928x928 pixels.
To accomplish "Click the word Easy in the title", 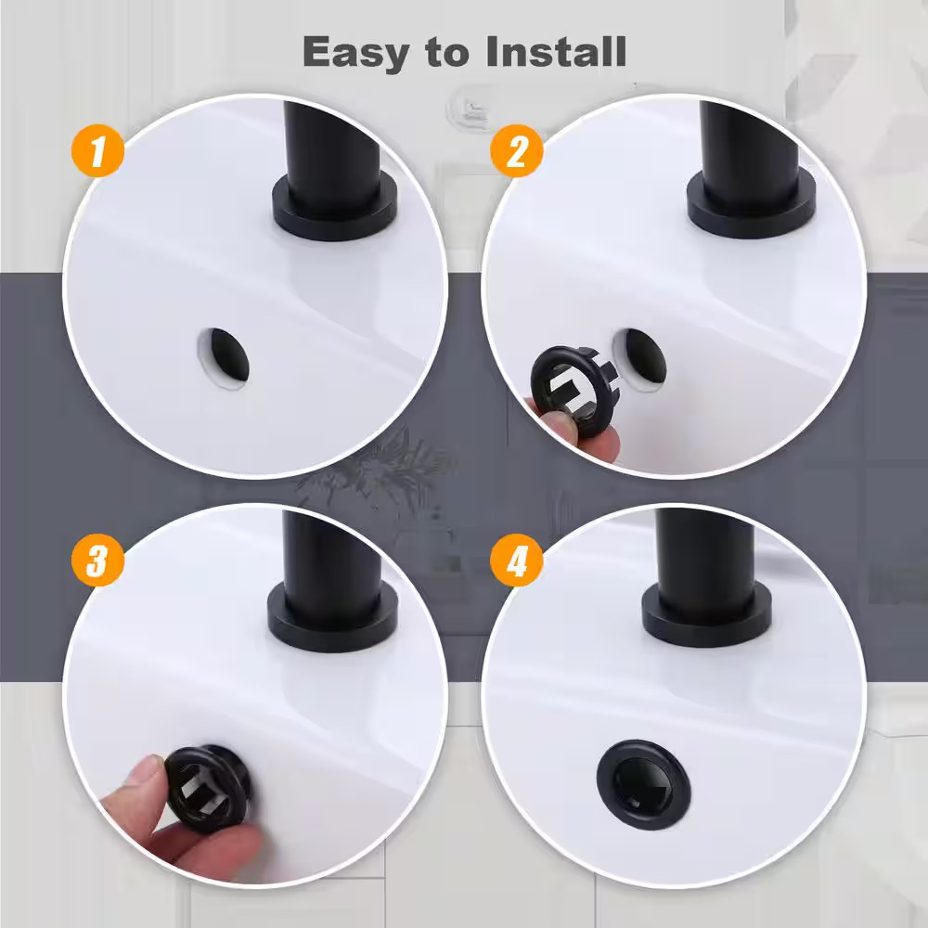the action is (x=355, y=53).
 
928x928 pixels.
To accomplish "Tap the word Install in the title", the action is (x=556, y=51).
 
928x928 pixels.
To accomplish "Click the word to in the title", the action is (x=448, y=53).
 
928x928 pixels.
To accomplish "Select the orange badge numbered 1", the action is (x=97, y=150).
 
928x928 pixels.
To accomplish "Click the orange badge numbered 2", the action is (x=517, y=150).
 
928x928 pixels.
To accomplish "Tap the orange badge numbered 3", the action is (x=97, y=560).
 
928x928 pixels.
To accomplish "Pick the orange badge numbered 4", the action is (x=517, y=560).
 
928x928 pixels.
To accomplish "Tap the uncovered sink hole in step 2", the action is (x=642, y=358).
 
